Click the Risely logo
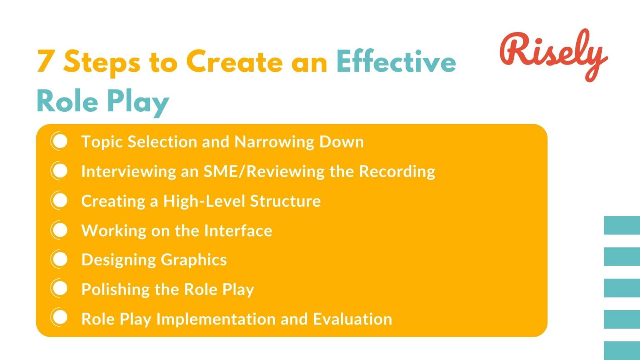(x=553, y=54)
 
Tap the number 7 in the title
(x=45, y=61)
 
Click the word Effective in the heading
(x=396, y=61)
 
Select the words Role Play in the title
(x=102, y=101)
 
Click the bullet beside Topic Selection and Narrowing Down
(x=60, y=141)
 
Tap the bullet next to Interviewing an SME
(x=60, y=171)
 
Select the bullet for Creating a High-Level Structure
(x=60, y=200)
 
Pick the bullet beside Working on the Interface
(x=60, y=230)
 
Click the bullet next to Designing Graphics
(x=60, y=260)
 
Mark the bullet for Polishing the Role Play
(x=60, y=289)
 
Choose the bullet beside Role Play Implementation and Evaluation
(x=60, y=318)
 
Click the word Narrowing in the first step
(x=274, y=142)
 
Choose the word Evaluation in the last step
(x=352, y=319)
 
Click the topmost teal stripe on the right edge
(x=622, y=225)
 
